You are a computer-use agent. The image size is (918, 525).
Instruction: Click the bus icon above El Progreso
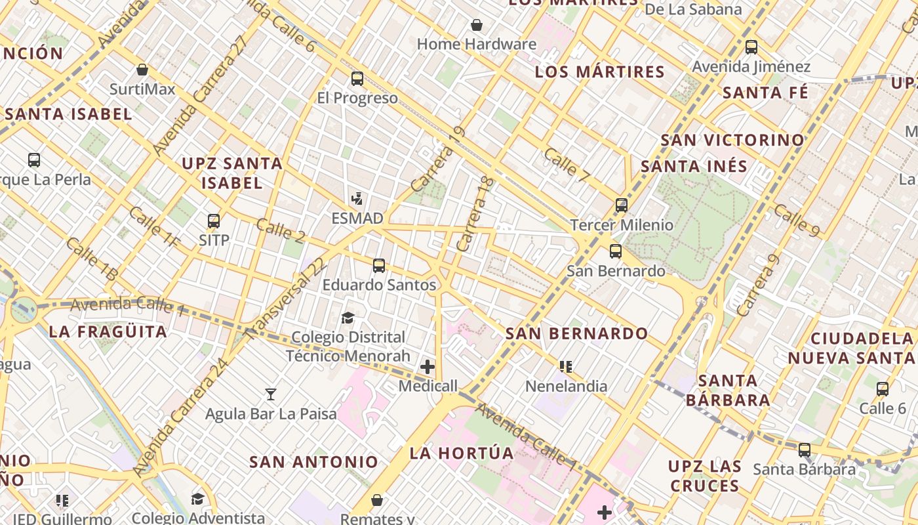tap(357, 79)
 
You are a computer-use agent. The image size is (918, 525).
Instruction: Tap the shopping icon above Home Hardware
tap(477, 25)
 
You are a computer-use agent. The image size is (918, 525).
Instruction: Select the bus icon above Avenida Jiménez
tap(751, 47)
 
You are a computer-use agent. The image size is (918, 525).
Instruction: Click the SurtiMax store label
tap(142, 89)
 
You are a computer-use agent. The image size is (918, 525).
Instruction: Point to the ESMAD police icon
tap(357, 198)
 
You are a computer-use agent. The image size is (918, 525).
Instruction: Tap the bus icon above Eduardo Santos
tap(379, 266)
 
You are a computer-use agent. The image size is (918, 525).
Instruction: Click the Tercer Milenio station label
tap(622, 225)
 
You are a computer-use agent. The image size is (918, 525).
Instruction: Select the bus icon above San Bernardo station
tap(616, 251)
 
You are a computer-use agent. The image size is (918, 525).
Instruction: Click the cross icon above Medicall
tap(428, 366)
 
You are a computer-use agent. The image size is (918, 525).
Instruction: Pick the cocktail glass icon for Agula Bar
tap(270, 394)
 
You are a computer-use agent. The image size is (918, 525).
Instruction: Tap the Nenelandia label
tap(566, 386)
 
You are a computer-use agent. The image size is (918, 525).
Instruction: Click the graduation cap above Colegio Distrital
tap(348, 318)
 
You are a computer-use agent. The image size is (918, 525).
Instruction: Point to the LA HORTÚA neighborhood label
tap(462, 453)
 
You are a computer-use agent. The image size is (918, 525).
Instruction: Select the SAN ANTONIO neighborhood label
tap(313, 462)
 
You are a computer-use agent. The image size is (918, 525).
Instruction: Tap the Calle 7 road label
tap(567, 165)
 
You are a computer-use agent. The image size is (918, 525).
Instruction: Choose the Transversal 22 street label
tap(286, 299)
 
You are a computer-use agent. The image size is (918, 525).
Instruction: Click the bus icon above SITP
tap(214, 221)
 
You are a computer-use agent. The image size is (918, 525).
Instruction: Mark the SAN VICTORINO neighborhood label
tap(732, 140)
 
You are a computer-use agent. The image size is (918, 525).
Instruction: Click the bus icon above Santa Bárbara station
tap(805, 450)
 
